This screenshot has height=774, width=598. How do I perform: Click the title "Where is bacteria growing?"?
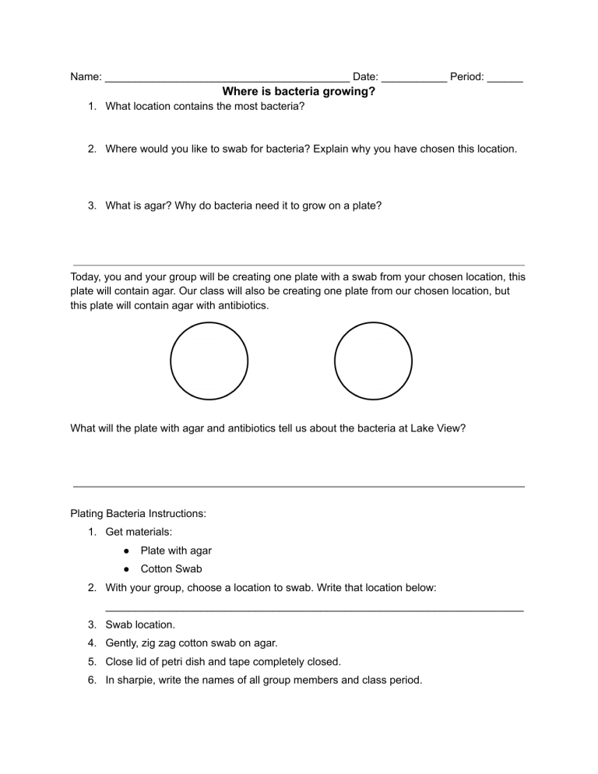[x=299, y=91]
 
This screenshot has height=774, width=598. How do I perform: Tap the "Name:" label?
[x=86, y=77]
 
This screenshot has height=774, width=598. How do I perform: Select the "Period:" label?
[x=467, y=77]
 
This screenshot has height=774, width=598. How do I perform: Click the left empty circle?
[x=209, y=361]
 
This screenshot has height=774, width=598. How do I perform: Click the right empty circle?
[x=373, y=361]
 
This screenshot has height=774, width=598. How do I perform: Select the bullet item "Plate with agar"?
[x=176, y=551]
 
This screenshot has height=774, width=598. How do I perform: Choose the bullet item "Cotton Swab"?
[x=171, y=569]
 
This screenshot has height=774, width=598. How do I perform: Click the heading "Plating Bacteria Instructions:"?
[x=138, y=514]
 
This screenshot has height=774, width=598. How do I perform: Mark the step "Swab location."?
[x=140, y=624]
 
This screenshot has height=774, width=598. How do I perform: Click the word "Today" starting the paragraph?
[x=86, y=276]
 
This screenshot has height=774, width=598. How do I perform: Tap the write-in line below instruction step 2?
[x=314, y=609]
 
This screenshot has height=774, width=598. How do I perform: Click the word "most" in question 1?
[x=231, y=106]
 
